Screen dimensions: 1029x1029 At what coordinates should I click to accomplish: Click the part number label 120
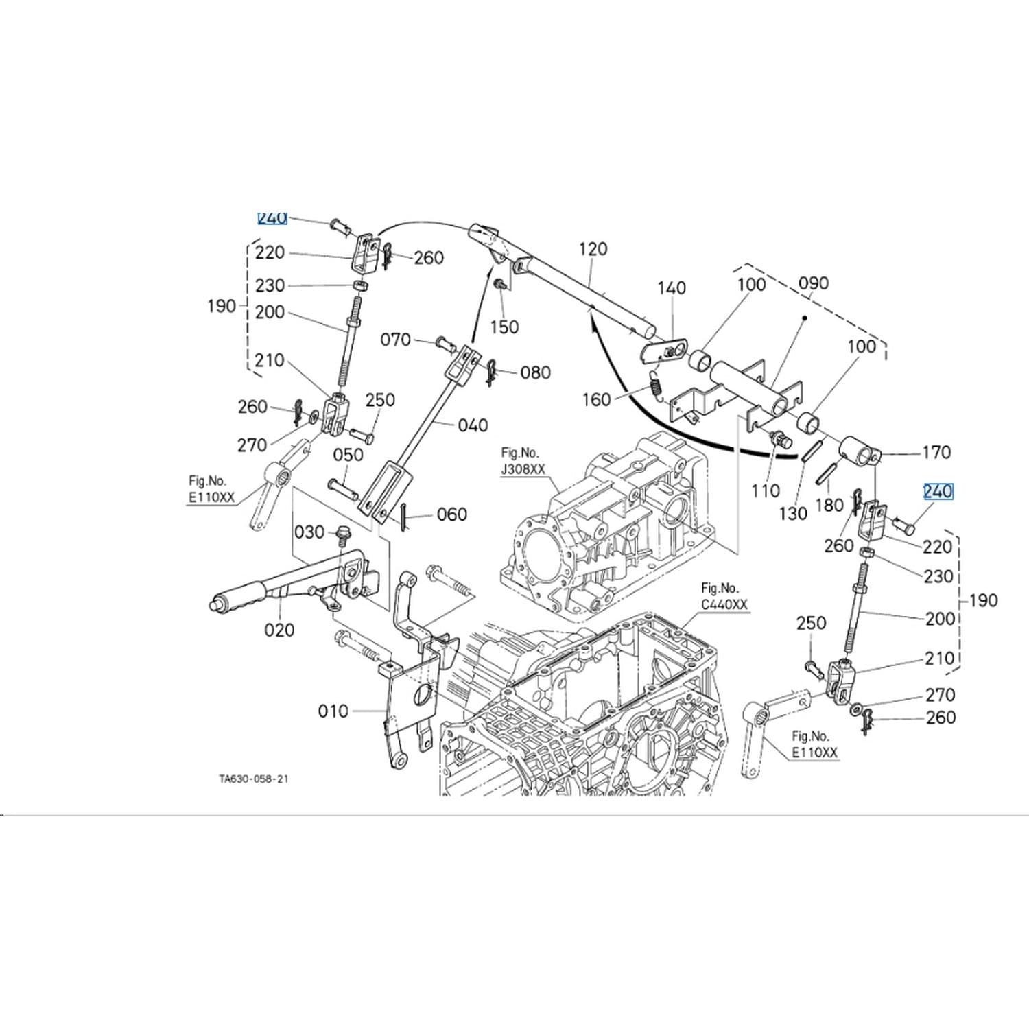(593, 249)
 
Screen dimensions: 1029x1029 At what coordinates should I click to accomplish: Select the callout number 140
(672, 287)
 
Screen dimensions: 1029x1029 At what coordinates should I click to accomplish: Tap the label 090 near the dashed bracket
(814, 283)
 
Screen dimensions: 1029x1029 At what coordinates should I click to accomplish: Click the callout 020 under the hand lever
(279, 630)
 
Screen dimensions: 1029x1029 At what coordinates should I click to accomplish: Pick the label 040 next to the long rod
(473, 425)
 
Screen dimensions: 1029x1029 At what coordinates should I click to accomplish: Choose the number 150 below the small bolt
(504, 327)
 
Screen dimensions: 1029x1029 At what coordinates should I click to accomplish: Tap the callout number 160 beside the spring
(596, 399)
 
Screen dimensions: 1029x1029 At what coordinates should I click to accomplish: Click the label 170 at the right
(936, 452)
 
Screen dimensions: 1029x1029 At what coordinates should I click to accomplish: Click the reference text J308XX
(523, 469)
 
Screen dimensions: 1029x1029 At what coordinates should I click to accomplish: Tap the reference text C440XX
(724, 604)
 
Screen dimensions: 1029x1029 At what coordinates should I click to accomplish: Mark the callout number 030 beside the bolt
(309, 532)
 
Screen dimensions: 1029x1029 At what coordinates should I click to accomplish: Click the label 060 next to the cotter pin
(451, 514)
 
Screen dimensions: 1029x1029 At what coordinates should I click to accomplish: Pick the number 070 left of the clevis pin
(396, 340)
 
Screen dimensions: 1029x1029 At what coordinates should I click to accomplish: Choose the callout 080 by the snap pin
(535, 372)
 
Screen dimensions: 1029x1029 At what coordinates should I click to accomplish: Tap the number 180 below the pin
(829, 506)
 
